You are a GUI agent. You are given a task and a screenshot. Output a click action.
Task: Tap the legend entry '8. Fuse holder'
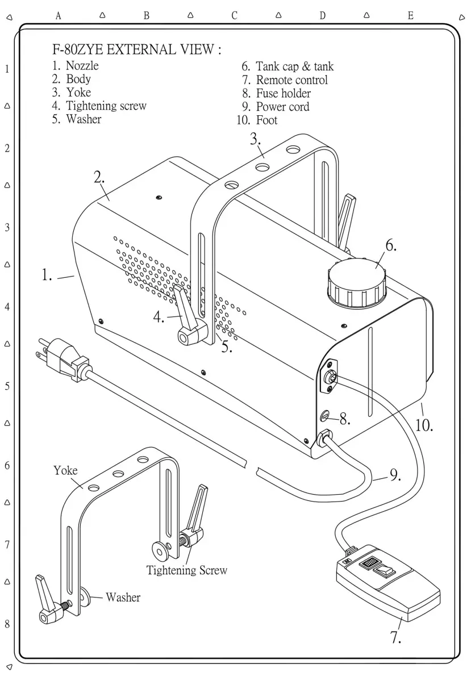[x=277, y=93]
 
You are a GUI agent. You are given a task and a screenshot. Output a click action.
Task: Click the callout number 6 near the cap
[x=391, y=246]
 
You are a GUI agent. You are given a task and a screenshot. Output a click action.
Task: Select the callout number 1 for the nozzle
[x=47, y=276]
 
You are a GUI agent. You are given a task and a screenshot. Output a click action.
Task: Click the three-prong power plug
[x=62, y=357]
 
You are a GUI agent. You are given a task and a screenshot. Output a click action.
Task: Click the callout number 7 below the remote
[x=396, y=637]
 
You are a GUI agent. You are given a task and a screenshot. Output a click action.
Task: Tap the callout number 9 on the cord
[x=395, y=476]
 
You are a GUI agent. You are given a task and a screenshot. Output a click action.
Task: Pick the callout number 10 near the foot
[x=424, y=425]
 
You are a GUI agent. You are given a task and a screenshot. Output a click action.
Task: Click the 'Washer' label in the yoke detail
[x=123, y=597]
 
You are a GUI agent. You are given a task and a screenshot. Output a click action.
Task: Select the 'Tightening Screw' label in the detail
[x=186, y=570]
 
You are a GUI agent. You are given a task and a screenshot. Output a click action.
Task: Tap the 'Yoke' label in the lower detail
[x=65, y=470]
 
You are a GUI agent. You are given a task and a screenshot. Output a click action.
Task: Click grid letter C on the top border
[x=234, y=16]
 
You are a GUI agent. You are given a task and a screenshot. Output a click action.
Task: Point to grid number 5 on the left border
[x=7, y=387]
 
